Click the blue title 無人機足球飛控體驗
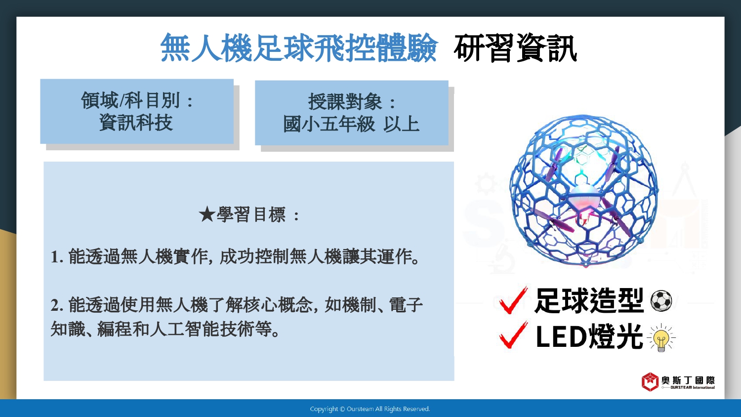point(299,48)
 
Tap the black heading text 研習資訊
point(515,48)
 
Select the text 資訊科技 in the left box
point(136,123)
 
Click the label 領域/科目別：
point(137,100)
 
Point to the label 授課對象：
point(351,102)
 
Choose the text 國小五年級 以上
point(351,125)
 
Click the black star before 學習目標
point(207,214)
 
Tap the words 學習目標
point(251,214)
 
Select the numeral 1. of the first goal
point(57,257)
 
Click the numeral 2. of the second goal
point(57,305)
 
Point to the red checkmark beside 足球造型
point(513,300)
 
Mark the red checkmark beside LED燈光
point(513,335)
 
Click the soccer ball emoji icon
point(661,301)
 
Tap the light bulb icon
point(661,337)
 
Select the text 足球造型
point(589,300)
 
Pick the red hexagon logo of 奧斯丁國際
point(650,381)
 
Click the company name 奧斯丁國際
point(688,380)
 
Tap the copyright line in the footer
point(370,409)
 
